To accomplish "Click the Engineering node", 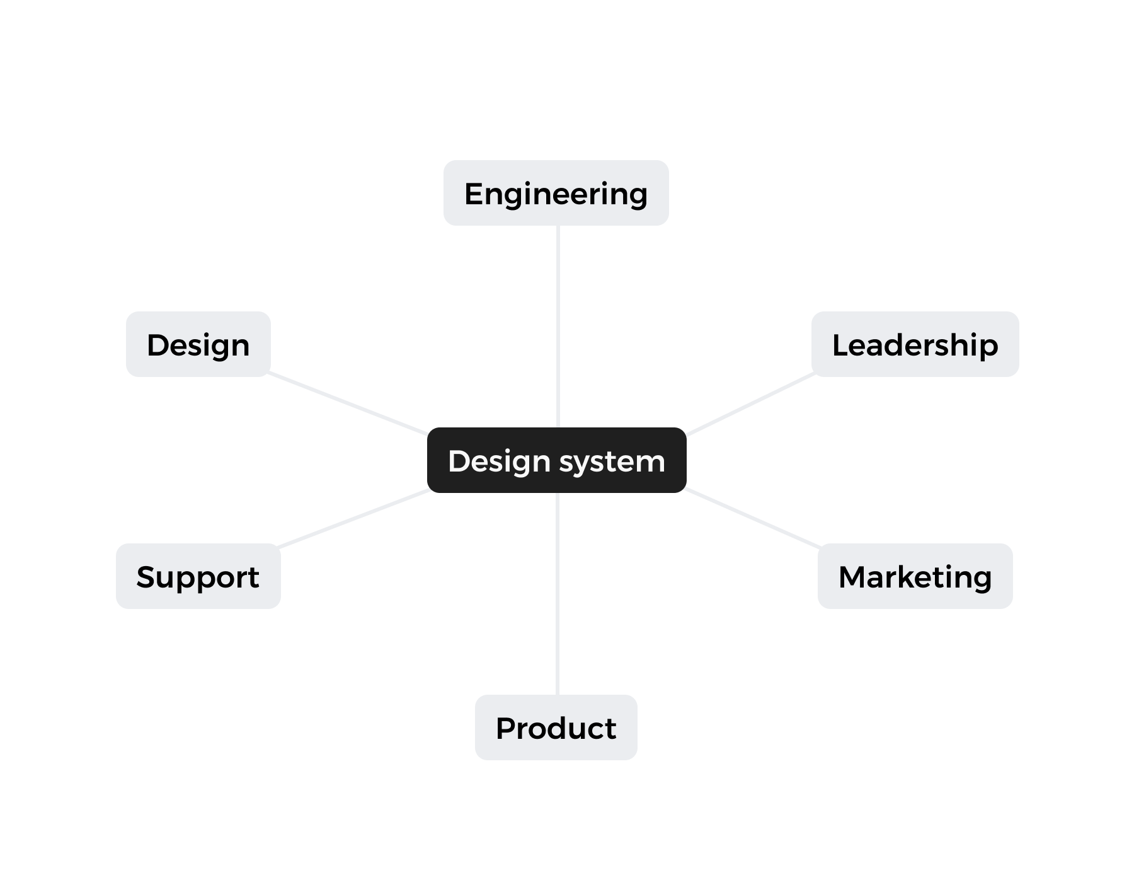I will (556, 193).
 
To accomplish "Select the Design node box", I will (198, 344).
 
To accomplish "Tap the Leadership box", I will (915, 344).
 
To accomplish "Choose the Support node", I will (198, 576).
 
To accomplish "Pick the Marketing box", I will (915, 576).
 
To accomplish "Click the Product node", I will (556, 727).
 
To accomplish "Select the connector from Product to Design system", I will (558, 593).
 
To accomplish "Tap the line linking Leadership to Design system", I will (750, 404).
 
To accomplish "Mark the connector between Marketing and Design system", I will (753, 518).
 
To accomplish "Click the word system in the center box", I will (612, 461).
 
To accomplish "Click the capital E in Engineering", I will (473, 194).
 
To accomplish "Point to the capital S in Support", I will (146, 577).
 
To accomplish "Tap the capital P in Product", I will (505, 728).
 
